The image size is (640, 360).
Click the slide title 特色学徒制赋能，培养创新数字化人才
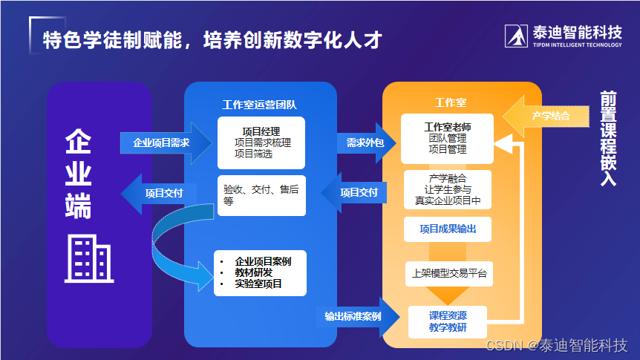coord(212,39)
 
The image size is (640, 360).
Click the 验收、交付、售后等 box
coord(261,195)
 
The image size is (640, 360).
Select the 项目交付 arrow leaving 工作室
coord(356,193)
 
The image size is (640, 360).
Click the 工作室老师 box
coord(447,138)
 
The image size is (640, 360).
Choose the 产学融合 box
coord(447,189)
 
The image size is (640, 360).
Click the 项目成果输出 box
coord(447,229)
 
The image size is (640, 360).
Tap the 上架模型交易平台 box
coord(447,272)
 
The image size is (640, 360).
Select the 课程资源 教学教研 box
coord(447,321)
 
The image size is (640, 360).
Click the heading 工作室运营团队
coord(260,105)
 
